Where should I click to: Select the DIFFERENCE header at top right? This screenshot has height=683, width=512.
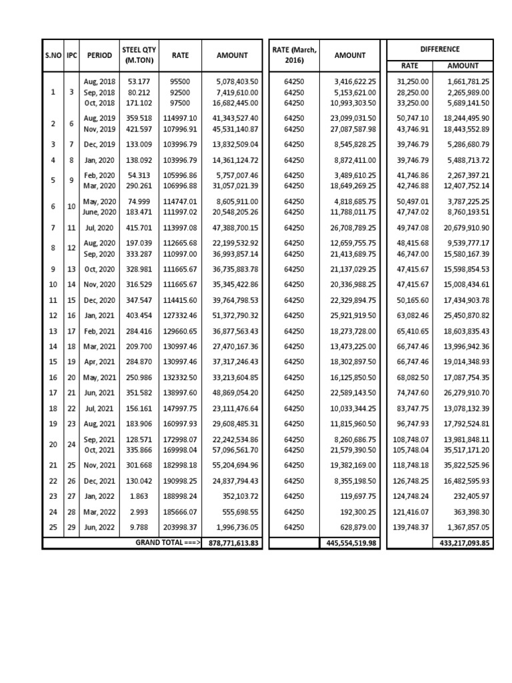[440, 49]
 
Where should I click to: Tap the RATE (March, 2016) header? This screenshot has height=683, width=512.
[294, 55]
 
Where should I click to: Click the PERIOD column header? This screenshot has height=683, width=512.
[99, 56]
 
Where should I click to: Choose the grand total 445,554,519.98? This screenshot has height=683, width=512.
[350, 544]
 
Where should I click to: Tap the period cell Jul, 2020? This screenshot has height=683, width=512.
[99, 228]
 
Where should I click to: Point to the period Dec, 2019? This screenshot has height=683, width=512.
[99, 144]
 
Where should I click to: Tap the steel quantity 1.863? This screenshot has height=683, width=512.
[138, 496]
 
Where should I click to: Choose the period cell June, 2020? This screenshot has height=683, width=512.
[99, 211]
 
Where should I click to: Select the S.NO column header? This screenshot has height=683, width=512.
[53, 56]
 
